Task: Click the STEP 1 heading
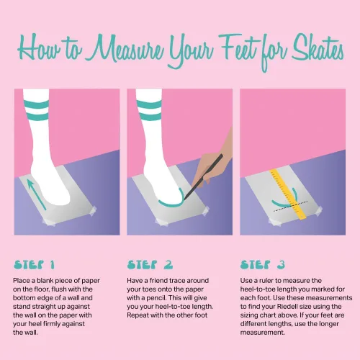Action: [34, 264]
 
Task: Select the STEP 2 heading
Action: [150, 264]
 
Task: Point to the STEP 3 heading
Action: [263, 264]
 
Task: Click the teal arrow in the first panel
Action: [36, 194]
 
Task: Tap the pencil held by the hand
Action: [203, 177]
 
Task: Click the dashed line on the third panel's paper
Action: [290, 206]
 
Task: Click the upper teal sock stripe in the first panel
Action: [36, 104]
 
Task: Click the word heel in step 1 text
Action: [35, 324]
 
